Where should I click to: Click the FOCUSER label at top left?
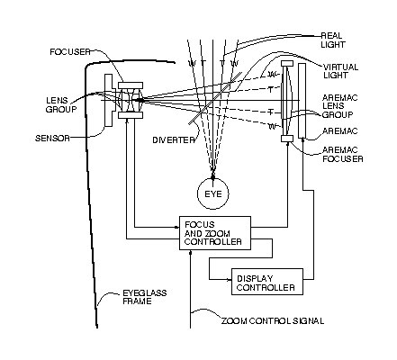tap(70, 52)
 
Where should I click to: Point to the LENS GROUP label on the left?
tap(61, 104)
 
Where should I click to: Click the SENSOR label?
tap(52, 139)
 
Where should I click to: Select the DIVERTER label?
tap(174, 140)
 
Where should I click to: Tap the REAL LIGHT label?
tap(333, 40)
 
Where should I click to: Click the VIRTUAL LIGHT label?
tap(340, 71)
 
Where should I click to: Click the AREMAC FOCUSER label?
tap(343, 154)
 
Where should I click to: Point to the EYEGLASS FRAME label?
tap(145, 297)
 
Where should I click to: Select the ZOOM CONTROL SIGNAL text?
tap(273, 321)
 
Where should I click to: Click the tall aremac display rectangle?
tap(302, 101)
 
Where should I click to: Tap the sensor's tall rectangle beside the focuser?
tap(108, 100)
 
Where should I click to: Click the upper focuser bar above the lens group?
tap(131, 85)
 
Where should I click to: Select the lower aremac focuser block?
tap(287, 139)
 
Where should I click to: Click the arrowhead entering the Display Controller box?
tap(230, 279)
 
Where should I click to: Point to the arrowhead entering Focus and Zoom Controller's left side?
tap(176, 227)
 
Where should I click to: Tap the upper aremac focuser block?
tap(287, 64)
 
